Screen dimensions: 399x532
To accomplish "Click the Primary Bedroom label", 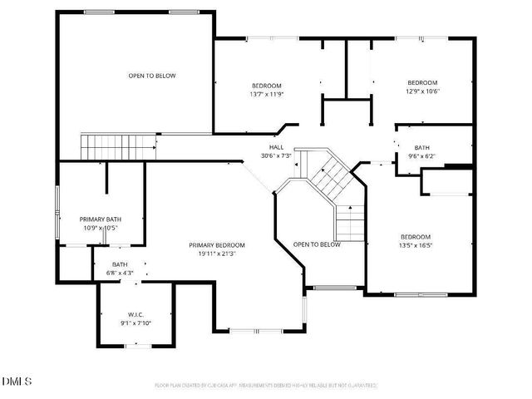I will click(217, 245).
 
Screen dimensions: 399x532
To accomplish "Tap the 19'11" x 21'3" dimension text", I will click(217, 254).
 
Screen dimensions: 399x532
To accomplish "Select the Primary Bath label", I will click(101, 219).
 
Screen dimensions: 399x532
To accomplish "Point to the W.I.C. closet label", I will click(136, 315).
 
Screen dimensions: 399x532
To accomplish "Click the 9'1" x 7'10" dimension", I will click(136, 323).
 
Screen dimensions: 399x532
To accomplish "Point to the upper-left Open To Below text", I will click(152, 76).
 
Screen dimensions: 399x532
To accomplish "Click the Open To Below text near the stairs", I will click(317, 244).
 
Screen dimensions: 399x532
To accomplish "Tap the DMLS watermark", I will click(17, 382).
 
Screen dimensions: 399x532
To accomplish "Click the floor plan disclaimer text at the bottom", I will click(266, 386).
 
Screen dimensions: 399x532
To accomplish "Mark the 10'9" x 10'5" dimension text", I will click(101, 228).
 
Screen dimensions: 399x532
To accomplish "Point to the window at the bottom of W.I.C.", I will click(136, 346).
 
